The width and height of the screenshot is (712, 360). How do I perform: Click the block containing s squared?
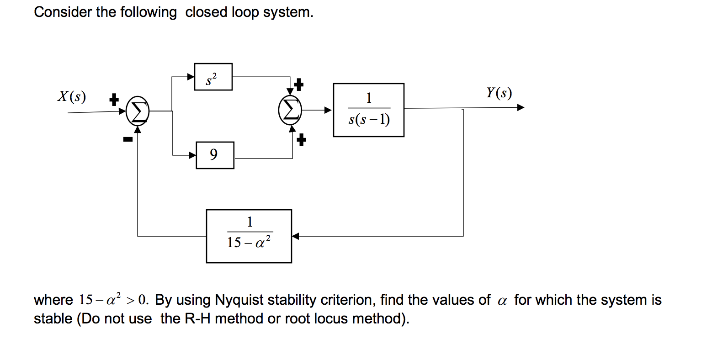213,77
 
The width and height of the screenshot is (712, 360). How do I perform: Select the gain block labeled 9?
215,155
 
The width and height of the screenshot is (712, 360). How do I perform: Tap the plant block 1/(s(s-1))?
368,110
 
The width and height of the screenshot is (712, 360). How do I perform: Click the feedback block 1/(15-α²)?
249,236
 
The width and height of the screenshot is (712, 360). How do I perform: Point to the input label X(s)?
72,96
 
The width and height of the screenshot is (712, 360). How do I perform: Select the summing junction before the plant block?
290,110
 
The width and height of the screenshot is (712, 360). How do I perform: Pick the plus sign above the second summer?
298,84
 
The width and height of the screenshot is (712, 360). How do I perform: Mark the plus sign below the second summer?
301,140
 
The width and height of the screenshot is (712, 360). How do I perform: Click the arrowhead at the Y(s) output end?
521,107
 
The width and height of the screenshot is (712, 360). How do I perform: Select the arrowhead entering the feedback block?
296,236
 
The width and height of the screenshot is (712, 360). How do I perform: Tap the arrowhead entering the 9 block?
192,155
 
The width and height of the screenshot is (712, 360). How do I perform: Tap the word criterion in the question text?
346,300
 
